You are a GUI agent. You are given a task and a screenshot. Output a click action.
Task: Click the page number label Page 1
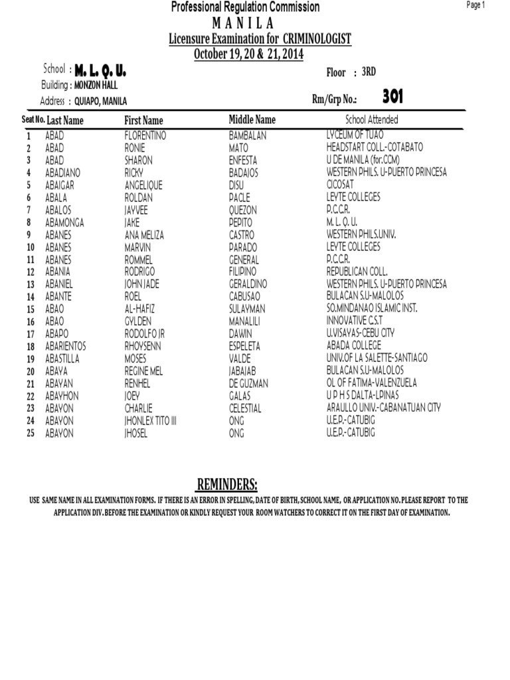[476, 5]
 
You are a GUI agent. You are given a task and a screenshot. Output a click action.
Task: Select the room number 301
[392, 97]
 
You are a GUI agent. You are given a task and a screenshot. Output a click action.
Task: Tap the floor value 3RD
[369, 72]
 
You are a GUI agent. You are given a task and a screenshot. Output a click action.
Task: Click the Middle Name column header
[252, 120]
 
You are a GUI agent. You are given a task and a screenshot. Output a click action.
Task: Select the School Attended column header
[372, 120]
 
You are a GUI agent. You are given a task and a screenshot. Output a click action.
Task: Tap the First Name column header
[143, 120]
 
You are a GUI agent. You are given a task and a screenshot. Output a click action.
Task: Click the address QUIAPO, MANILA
[100, 101]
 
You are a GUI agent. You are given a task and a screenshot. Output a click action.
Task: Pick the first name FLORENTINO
[145, 135]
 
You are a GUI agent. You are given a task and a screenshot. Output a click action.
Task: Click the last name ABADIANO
[65, 173]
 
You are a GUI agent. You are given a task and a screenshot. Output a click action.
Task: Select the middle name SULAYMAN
[247, 309]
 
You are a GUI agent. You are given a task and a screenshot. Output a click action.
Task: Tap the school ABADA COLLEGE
[354, 346]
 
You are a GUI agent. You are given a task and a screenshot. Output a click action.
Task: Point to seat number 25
[30, 433]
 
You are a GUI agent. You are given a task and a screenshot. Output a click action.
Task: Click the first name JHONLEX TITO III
[151, 421]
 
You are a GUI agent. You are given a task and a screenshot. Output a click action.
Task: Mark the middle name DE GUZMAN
[248, 383]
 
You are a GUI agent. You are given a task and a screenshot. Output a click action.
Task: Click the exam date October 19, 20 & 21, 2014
[248, 54]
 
